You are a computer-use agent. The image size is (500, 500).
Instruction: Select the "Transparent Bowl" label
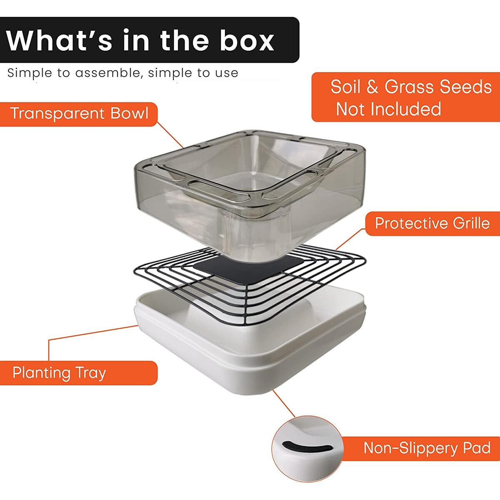79,114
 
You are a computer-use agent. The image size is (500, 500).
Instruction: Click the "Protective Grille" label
432,223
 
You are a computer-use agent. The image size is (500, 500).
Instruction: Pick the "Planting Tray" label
59,372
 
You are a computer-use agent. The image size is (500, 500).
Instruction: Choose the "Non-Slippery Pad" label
427,448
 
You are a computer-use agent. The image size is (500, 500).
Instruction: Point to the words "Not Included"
388,109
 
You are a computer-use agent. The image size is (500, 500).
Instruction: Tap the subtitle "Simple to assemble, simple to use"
123,73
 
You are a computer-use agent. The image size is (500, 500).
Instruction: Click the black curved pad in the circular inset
306,449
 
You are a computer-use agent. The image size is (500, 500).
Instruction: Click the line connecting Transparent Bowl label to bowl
171,135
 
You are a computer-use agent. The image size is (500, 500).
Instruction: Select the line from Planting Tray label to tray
92,334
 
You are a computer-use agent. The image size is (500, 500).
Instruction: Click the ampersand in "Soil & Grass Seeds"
372,87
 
